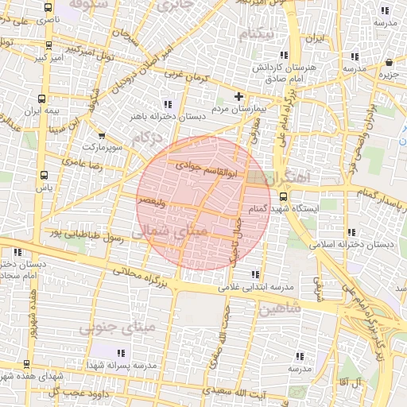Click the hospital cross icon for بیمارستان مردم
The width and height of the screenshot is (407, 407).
tap(238, 96)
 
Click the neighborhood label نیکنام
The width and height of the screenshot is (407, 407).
tap(260, 34)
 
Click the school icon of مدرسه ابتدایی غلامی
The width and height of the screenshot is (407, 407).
tap(256, 274)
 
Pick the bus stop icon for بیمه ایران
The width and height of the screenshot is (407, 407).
tap(41, 99)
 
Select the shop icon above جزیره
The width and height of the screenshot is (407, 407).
tap(388, 63)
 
